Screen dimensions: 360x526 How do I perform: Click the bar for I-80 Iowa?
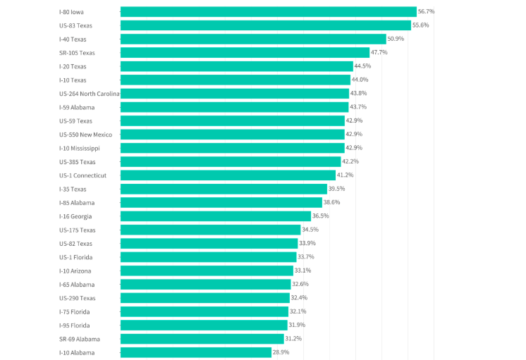(x=268, y=12)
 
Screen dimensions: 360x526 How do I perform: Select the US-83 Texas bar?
(x=265, y=25)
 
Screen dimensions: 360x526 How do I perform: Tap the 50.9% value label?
(x=396, y=39)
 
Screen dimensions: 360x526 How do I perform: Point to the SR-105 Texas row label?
(x=77, y=53)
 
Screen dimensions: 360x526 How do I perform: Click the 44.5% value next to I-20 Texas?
(x=362, y=66)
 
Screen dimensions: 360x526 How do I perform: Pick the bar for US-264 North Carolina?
(x=235, y=94)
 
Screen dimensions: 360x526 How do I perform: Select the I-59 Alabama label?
(x=77, y=107)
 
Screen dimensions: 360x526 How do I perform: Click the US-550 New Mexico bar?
(x=233, y=135)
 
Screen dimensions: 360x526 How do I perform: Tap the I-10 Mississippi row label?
(x=80, y=148)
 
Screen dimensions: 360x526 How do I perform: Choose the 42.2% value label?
(x=350, y=161)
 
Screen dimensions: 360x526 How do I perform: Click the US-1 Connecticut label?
(x=83, y=175)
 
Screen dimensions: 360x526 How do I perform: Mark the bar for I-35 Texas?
(x=224, y=189)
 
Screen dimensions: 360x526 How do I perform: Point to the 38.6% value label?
(x=331, y=202)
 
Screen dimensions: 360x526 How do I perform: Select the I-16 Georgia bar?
(x=216, y=216)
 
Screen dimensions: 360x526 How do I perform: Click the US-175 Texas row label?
(x=77, y=230)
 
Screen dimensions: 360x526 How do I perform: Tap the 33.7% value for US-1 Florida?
(x=306, y=257)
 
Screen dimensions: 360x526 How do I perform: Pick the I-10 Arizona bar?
(x=207, y=271)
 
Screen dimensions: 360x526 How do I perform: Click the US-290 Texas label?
(x=77, y=298)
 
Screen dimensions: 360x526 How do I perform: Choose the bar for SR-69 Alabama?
(x=202, y=339)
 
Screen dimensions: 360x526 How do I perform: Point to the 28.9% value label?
(x=281, y=352)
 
